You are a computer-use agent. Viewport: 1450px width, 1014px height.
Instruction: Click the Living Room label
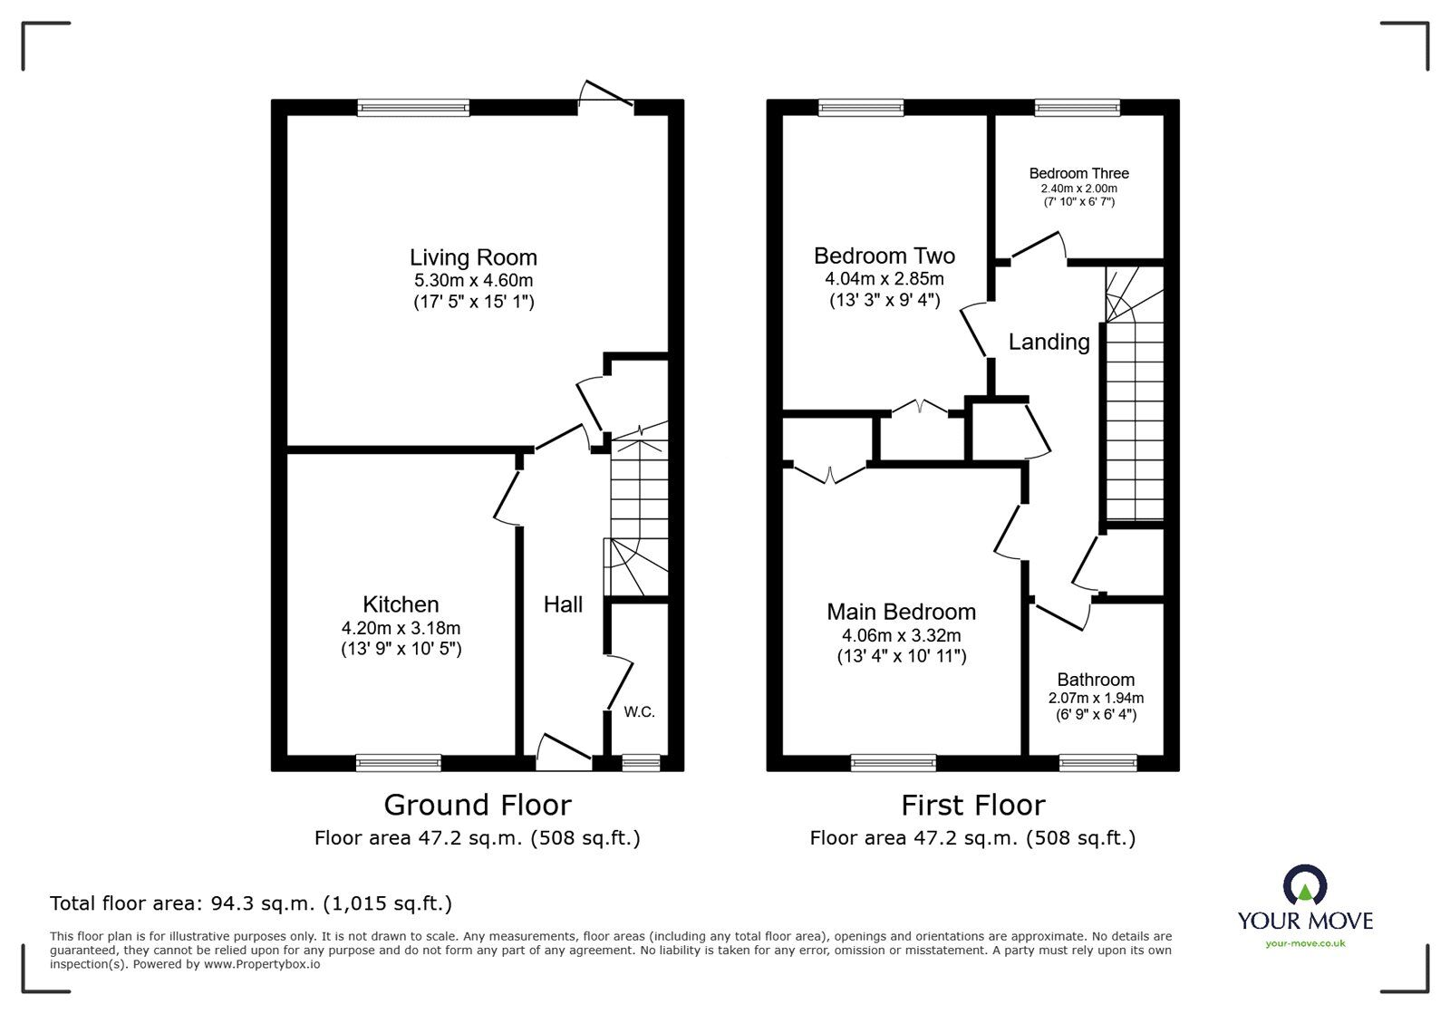point(473,257)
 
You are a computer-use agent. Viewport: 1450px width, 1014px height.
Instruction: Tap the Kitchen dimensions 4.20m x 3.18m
point(401,628)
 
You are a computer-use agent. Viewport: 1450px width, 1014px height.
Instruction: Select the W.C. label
point(640,712)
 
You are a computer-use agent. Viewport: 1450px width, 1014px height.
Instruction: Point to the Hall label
point(563,604)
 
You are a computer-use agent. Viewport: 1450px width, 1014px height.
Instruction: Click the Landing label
point(1049,342)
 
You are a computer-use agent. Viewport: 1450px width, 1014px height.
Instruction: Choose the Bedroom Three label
point(1079,173)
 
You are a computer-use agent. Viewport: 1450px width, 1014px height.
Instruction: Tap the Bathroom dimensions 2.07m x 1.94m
point(1096,699)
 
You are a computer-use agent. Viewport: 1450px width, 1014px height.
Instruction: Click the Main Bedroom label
point(901,612)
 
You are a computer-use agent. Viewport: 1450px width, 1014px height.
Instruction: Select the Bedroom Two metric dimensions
point(884,279)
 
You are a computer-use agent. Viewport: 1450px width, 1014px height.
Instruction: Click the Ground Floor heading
point(478,805)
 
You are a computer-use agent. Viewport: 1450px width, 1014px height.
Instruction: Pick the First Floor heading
point(973,806)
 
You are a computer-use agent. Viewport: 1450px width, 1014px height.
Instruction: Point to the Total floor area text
point(251,903)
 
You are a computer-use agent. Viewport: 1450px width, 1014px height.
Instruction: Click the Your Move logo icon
point(1305,884)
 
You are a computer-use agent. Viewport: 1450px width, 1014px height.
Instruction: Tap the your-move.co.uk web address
point(1305,943)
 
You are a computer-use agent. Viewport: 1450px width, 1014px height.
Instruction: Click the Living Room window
point(413,108)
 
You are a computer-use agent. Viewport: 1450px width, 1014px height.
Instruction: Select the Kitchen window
point(399,763)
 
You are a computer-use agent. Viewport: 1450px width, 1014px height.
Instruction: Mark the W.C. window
point(641,763)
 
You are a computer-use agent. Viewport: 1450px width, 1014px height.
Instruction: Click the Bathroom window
point(1097,763)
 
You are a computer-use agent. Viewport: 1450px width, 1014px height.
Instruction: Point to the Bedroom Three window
point(1078,108)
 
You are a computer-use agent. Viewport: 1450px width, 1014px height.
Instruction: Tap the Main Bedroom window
point(894,763)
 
